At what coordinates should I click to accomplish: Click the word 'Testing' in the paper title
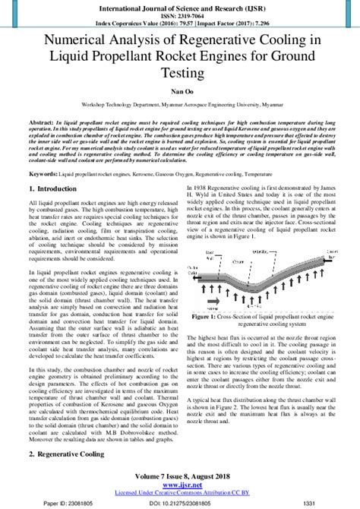pos(180,73)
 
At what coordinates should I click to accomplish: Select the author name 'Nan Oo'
pos(180,90)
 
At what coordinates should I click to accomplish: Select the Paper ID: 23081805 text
pos(48,504)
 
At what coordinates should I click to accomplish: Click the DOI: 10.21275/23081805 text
pos(180,504)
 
